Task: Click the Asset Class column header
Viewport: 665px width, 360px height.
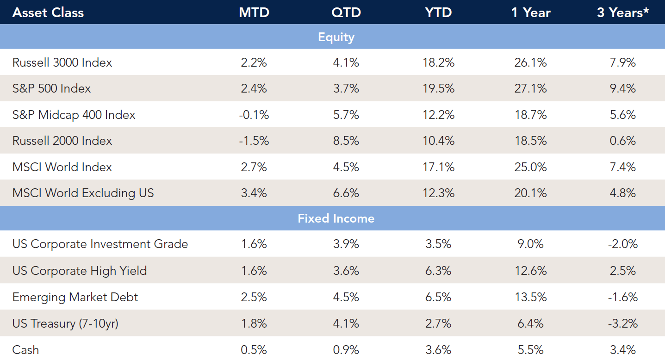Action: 48,12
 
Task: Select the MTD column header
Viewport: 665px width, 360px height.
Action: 254,12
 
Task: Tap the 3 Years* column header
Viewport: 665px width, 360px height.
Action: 622,12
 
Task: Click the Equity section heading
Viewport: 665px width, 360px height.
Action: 336,37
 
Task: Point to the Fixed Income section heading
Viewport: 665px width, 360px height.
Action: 336,218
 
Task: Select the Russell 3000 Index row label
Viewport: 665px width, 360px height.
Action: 62,62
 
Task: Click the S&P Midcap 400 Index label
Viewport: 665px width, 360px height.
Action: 74,115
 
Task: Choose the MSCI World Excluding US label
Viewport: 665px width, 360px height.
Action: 83,193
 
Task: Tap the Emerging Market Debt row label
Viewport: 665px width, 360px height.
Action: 75,297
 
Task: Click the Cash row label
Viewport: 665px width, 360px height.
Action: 26,350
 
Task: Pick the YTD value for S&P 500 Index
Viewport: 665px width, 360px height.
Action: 438,88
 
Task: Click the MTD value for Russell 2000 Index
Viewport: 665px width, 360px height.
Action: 254,141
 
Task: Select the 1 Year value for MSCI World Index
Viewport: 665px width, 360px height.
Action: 530,167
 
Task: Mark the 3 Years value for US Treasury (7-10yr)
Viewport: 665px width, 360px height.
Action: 622,323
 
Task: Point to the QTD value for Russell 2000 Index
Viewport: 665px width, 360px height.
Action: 346,141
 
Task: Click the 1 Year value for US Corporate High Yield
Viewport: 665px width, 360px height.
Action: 530,271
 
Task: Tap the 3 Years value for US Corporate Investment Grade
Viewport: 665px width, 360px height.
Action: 622,244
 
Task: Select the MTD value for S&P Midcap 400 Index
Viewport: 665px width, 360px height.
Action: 254,115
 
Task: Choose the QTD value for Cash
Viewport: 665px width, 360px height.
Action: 346,350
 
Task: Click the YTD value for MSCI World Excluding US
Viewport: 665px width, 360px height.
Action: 438,193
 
